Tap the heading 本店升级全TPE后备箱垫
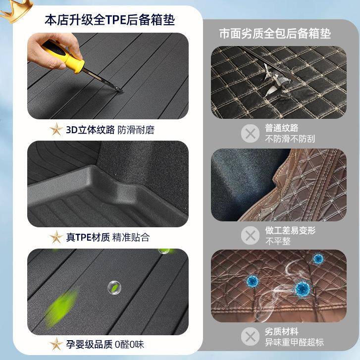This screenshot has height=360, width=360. pyautogui.click(x=109, y=20)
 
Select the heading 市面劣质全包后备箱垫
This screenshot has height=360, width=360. pyautogui.click(x=275, y=34)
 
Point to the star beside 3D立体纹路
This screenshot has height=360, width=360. pyautogui.click(x=56, y=130)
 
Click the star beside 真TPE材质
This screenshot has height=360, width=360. pyautogui.click(x=56, y=237)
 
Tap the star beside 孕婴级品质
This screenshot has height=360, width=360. pyautogui.click(x=56, y=344)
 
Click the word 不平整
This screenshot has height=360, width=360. pyautogui.click(x=278, y=241)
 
